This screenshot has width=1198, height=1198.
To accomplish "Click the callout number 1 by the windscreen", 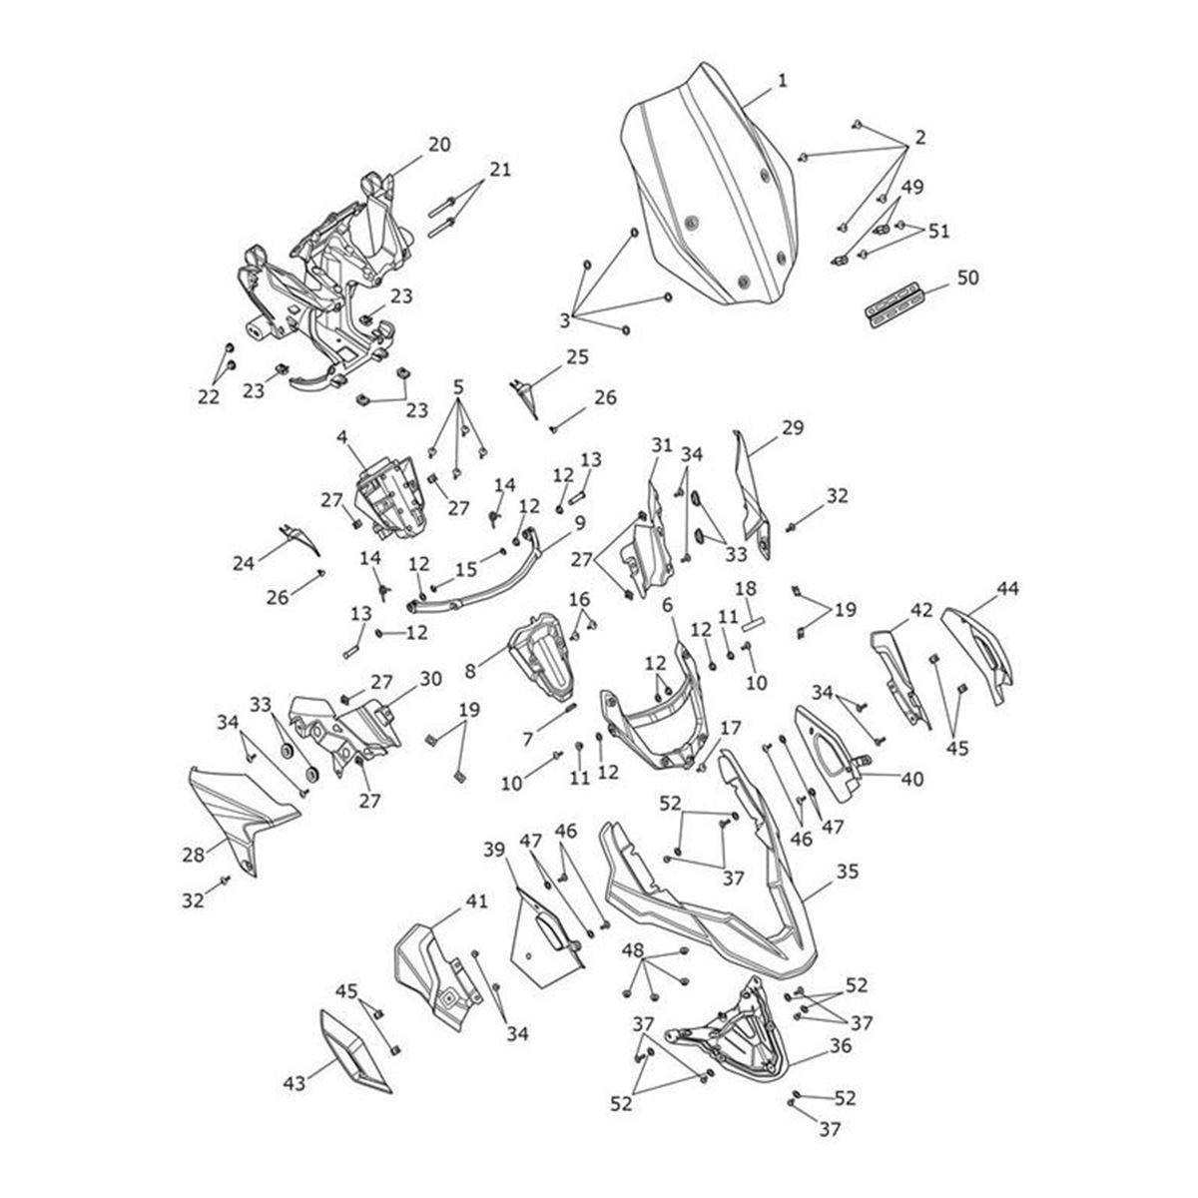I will click(783, 81).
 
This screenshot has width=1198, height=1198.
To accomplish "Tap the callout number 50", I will click(966, 277).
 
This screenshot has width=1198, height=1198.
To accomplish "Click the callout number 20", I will click(439, 145).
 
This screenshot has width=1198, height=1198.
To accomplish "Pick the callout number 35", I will click(847, 871).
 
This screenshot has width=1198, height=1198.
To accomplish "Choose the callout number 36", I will click(841, 1047).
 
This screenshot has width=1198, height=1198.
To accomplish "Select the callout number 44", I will click(1007, 590).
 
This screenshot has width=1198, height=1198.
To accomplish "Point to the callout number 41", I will click(476, 901).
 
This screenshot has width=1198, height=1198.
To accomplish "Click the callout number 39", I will click(494, 850).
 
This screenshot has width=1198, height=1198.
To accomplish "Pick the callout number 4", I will click(341, 436).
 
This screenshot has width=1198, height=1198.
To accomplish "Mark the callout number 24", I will click(244, 563).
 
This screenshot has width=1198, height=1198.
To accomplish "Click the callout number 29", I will click(793, 427).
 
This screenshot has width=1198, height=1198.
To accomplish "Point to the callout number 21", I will click(500, 169).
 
